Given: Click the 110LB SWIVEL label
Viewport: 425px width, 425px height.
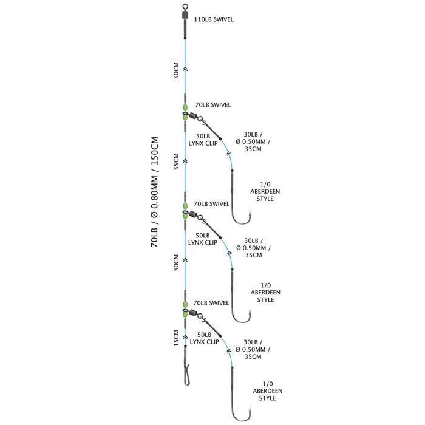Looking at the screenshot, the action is [x=214, y=19].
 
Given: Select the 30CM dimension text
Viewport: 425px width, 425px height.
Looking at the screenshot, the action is [x=177, y=70].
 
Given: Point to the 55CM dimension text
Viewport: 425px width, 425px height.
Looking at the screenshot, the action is [x=177, y=161].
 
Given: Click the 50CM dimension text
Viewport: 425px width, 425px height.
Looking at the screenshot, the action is [x=177, y=262].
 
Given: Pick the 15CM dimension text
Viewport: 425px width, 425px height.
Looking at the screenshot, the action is [x=177, y=338].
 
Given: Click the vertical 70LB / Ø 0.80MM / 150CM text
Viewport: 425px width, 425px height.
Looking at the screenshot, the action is [x=154, y=192].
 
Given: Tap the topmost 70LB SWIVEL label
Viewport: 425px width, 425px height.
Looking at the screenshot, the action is [x=213, y=105].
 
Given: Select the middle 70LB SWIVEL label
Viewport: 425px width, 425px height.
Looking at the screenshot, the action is [x=212, y=204].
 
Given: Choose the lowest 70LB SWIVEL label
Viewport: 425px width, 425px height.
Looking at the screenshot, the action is [x=211, y=303].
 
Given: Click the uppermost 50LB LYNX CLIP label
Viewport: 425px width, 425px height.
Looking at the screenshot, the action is [x=203, y=140].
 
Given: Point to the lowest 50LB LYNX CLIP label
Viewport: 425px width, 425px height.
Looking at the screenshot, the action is [x=204, y=338].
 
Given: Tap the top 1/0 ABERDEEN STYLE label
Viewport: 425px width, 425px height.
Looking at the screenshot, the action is [x=265, y=192].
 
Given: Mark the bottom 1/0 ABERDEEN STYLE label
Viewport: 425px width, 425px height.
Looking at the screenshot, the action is [x=268, y=391].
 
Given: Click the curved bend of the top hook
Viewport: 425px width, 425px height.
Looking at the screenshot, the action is [x=240, y=223].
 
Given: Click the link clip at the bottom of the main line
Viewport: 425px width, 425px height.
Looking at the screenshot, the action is [x=186, y=375].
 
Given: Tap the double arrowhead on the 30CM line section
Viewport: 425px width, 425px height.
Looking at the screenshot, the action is [x=185, y=69].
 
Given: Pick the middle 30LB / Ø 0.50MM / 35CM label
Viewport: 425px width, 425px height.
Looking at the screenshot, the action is [x=253, y=248].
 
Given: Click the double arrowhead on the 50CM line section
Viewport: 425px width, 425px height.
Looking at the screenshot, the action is [x=185, y=260].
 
